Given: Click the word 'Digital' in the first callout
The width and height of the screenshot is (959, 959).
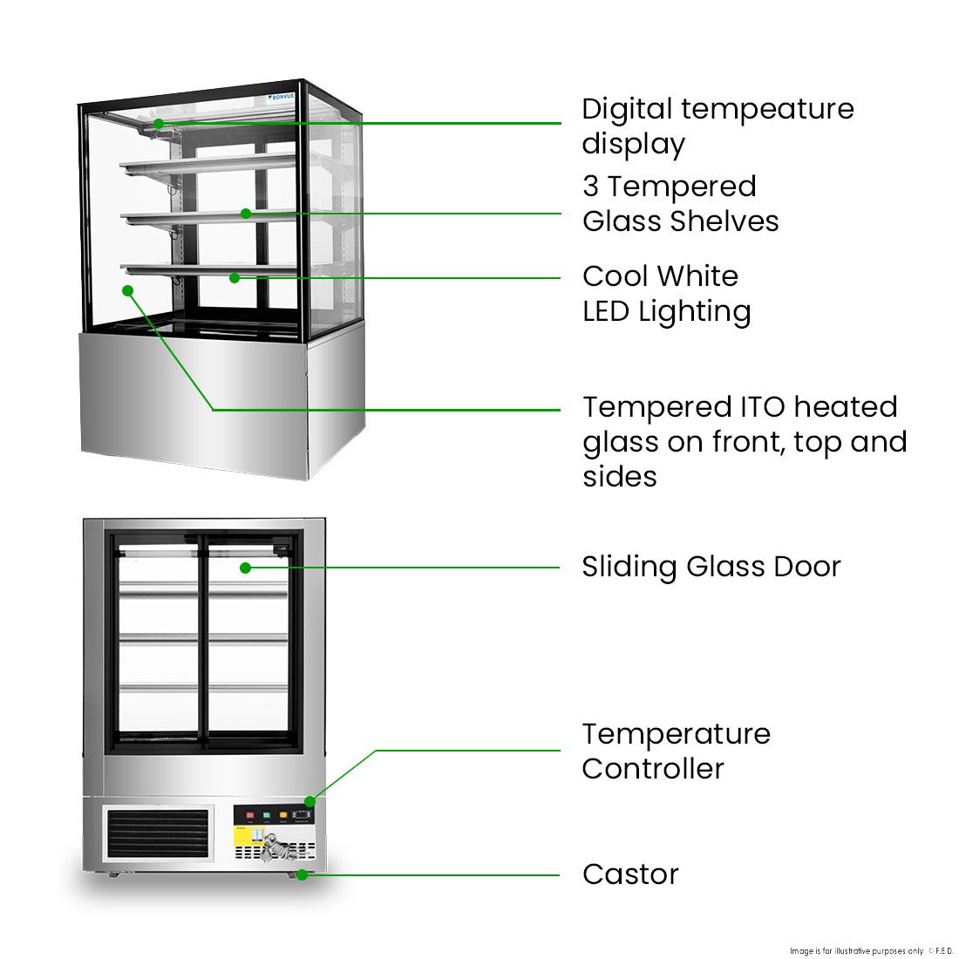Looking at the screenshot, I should (627, 110).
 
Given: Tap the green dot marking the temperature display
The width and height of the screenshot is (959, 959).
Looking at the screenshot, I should (159, 124).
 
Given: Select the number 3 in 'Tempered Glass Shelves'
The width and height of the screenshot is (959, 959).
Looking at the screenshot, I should (590, 187).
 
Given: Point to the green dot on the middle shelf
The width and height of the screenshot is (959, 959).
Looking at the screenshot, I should (246, 214).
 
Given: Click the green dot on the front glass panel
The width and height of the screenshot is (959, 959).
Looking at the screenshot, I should (128, 290).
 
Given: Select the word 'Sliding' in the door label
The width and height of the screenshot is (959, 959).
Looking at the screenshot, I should (629, 568).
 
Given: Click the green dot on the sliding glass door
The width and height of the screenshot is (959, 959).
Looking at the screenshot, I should (246, 568).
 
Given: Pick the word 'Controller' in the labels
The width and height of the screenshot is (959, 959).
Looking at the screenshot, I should (653, 769).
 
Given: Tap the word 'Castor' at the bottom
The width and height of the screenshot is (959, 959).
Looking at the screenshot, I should (630, 874).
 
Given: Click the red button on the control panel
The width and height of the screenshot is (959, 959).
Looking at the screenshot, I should (250, 817).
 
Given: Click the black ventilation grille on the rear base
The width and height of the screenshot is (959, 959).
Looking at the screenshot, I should (158, 833).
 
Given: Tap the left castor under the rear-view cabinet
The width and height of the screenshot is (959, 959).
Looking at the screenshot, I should (112, 874).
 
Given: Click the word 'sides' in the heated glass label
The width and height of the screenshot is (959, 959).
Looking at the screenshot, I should (620, 477).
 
